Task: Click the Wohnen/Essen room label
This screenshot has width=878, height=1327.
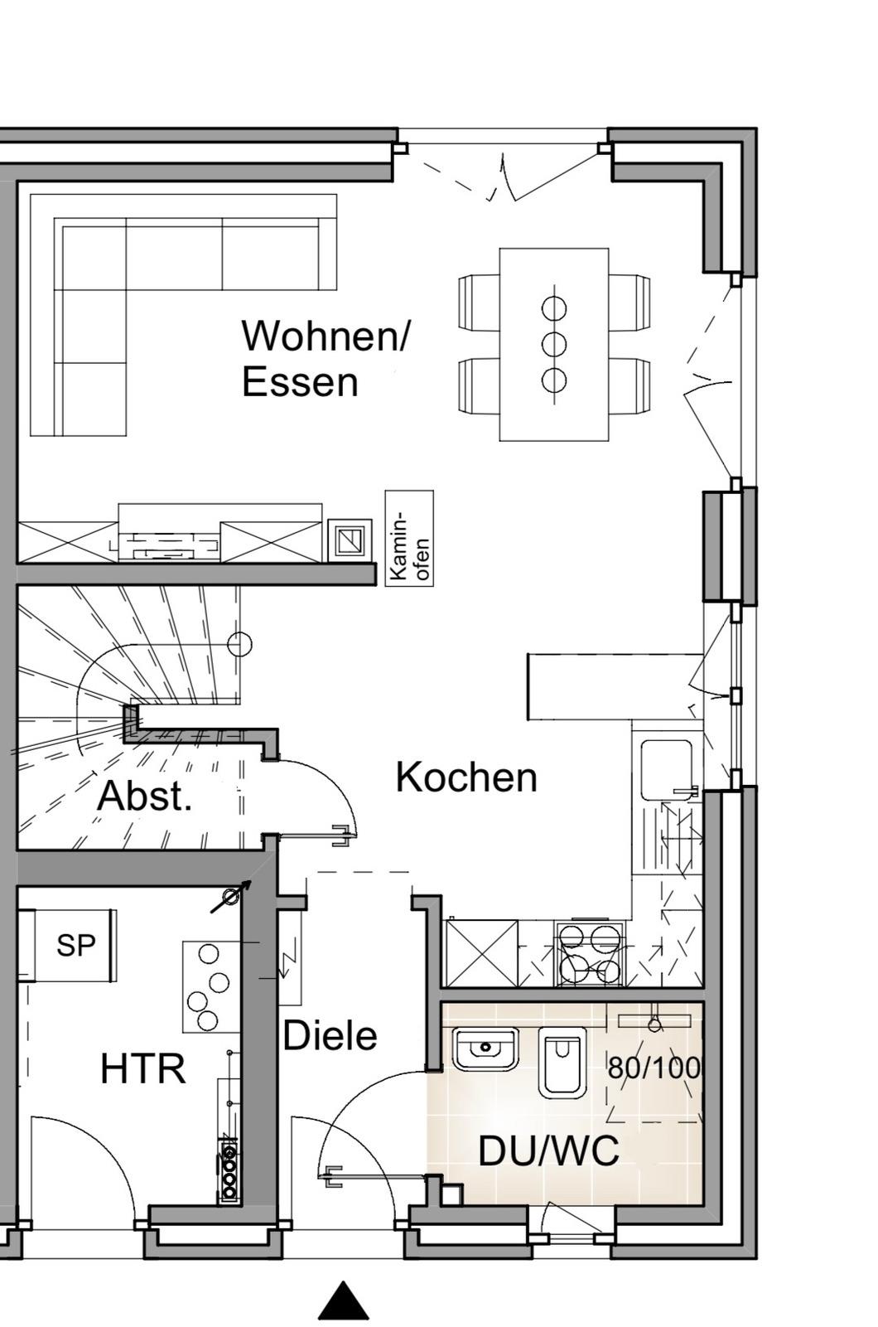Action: (x=325, y=358)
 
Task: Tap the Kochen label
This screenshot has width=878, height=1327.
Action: (x=466, y=777)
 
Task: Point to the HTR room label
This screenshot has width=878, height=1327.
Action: (x=143, y=1069)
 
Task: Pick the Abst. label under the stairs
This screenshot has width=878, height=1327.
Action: (x=144, y=796)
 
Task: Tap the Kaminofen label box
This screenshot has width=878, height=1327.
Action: (x=409, y=539)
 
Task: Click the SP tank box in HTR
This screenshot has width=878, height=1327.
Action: (x=75, y=946)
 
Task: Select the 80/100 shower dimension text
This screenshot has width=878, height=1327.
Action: (x=654, y=1068)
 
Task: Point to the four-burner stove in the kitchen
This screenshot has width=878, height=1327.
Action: (x=589, y=953)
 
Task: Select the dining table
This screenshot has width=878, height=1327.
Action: (x=554, y=345)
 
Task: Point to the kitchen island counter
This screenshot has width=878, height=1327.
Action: (x=615, y=686)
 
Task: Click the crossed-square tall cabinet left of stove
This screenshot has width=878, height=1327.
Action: (x=482, y=953)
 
